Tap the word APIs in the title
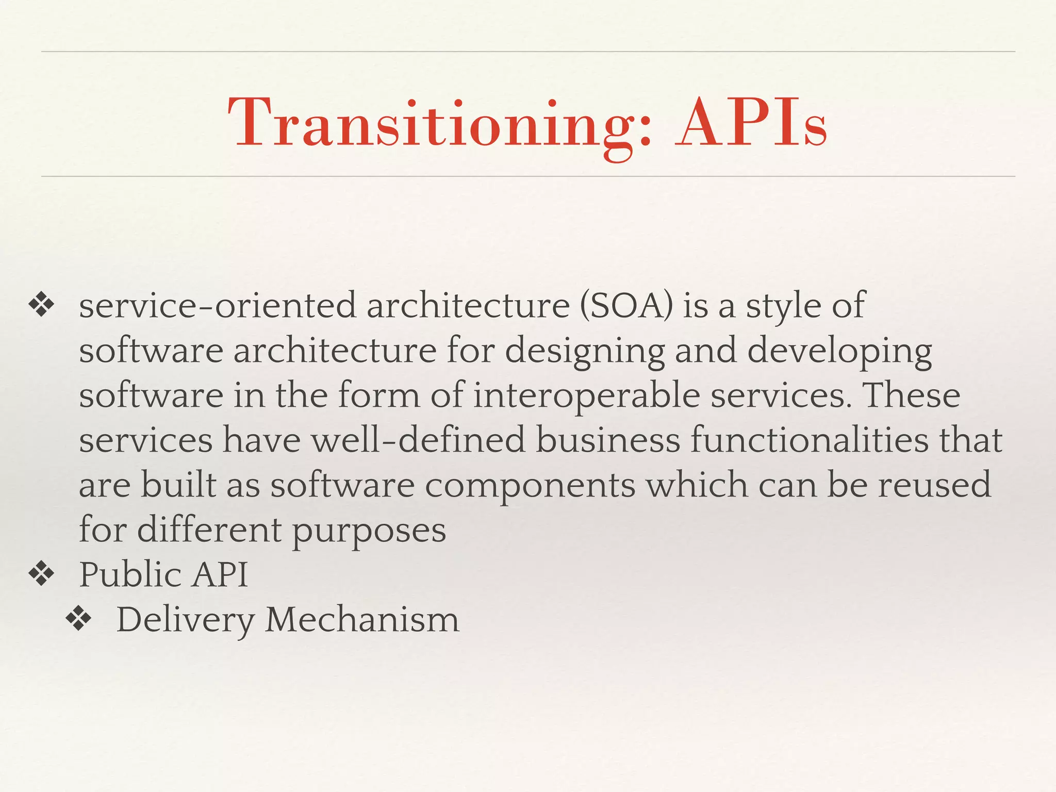751,124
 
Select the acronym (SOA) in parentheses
626,305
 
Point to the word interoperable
586,395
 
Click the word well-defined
418,440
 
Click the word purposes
369,531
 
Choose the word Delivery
186,620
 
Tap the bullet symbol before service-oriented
42,305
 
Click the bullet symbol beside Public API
42,574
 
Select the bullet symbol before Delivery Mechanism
79,619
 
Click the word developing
839,351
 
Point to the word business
608,440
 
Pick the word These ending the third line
911,395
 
